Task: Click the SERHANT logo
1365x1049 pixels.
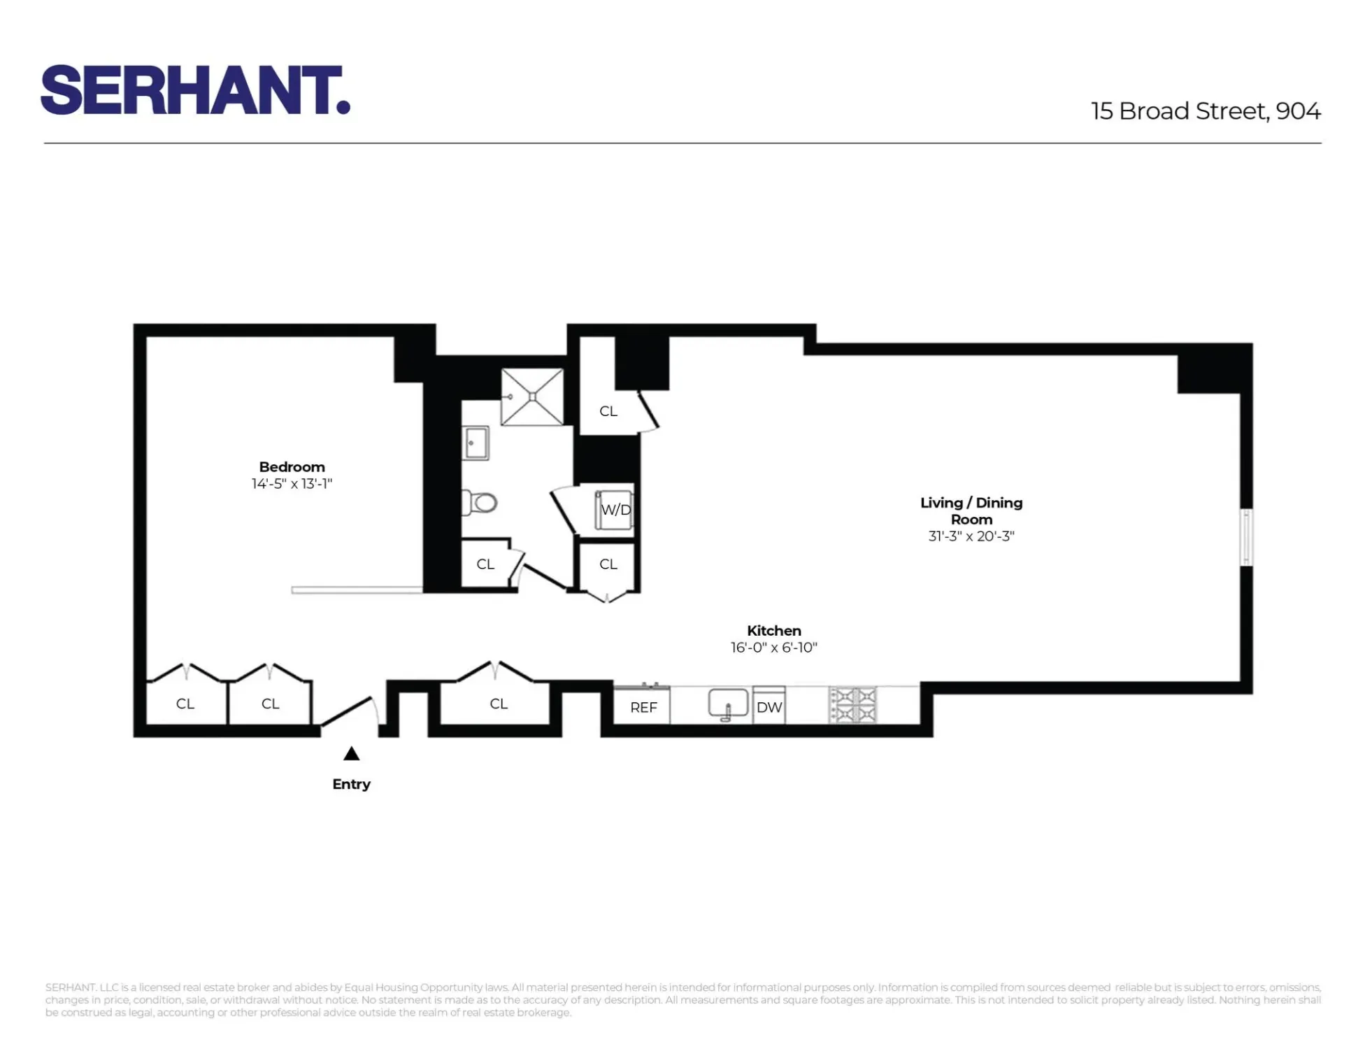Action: tap(195, 90)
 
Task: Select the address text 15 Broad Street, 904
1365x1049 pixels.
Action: tap(1205, 111)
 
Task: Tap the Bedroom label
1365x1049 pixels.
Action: tap(292, 466)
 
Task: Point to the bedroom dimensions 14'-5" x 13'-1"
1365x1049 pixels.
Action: tap(292, 484)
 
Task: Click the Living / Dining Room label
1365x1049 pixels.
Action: tap(971, 511)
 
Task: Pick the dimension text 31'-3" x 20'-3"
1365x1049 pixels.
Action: tap(971, 536)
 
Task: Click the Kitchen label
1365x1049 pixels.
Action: tap(773, 630)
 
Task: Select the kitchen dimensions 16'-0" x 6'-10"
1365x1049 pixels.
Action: tap(773, 648)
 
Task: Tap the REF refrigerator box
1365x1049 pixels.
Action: tap(643, 707)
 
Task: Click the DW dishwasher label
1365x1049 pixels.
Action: tap(769, 707)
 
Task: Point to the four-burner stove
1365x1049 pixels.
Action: tap(852, 705)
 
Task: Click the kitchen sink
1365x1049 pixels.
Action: tap(727, 704)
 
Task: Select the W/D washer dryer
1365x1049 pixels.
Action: tap(615, 510)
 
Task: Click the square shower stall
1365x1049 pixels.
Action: tap(532, 397)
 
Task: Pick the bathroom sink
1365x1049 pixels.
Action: tap(476, 443)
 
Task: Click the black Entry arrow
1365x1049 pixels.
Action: tap(351, 754)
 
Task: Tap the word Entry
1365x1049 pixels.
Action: tap(351, 784)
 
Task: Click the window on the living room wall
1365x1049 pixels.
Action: tap(1246, 537)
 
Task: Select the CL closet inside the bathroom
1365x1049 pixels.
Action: tap(485, 564)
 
